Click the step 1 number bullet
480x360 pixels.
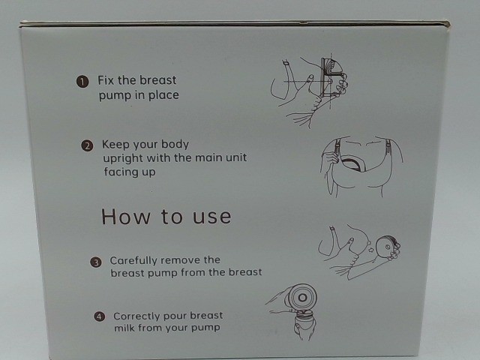coord(82,82)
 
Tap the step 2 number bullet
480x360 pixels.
coord(87,145)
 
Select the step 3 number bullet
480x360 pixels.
coord(96,262)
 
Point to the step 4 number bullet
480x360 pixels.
coord(99,316)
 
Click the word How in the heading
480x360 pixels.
coord(126,217)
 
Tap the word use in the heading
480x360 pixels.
coord(211,217)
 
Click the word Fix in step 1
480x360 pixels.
coord(106,80)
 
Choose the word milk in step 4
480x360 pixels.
coord(124,328)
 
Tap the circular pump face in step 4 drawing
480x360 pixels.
coord(302,298)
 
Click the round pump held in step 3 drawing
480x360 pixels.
coord(386,247)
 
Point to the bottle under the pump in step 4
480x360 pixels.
coord(304,325)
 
